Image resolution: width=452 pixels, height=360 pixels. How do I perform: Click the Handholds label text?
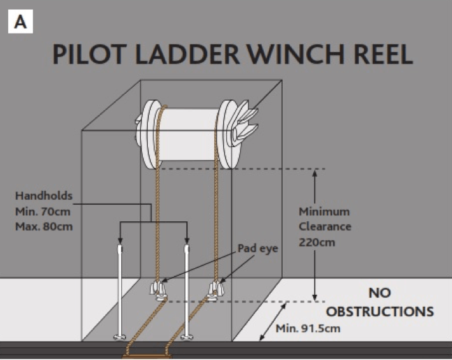pyautogui.click(x=44, y=196)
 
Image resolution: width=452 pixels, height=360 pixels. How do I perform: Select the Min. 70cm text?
pyautogui.click(x=44, y=210)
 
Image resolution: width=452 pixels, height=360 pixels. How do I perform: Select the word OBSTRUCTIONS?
pyautogui.click(x=380, y=312)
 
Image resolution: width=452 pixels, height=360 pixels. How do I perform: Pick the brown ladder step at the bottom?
pyautogui.click(x=147, y=356)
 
